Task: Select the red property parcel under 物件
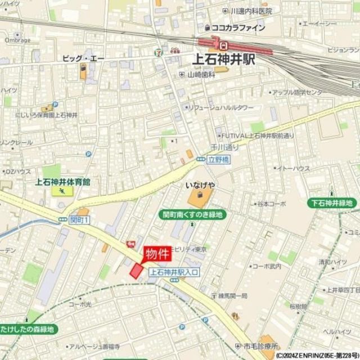(x=137, y=270)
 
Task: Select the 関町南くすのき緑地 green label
(x=193, y=214)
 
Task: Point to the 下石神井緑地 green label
(x=334, y=203)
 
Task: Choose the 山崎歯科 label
(x=202, y=74)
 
